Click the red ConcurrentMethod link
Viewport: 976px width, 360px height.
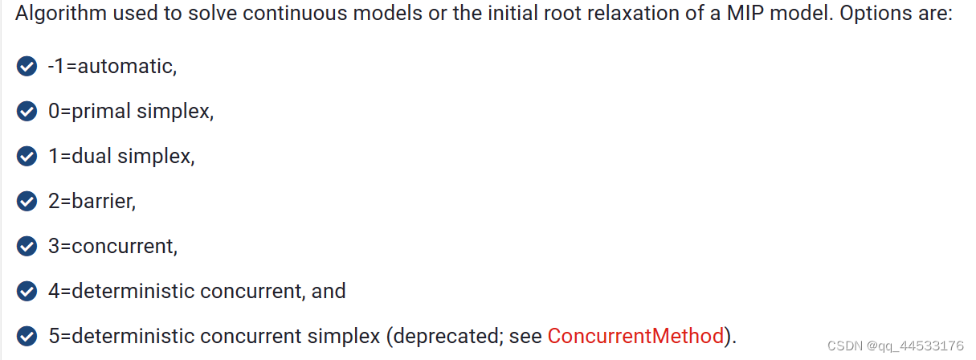tap(635, 335)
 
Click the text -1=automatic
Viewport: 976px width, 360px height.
tap(112, 66)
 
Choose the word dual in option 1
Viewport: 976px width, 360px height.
tap(92, 156)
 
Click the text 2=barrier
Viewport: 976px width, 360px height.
tap(92, 201)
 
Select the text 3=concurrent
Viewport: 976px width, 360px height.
tap(112, 246)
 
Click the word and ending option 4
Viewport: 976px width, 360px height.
tap(329, 291)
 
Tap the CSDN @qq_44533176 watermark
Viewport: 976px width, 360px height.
tap(895, 346)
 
